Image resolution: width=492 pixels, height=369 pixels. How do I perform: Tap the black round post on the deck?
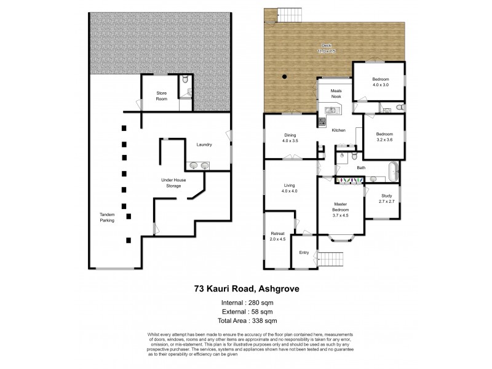(x=284, y=77)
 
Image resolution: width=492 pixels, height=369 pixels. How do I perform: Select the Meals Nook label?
(x=336, y=93)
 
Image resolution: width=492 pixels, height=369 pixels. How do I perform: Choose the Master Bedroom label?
(x=341, y=210)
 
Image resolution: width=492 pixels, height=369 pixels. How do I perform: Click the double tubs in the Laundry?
(x=198, y=165)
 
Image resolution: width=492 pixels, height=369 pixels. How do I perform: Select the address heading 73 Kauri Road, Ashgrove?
(x=246, y=288)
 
